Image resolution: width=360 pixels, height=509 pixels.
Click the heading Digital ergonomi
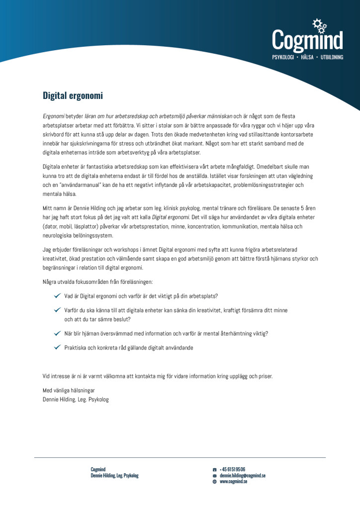click(x=73, y=95)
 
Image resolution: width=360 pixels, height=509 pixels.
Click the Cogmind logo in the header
click(x=307, y=40)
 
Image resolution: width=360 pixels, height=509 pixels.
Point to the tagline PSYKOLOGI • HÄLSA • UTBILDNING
click(x=307, y=58)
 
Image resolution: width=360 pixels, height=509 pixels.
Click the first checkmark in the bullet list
click(x=57, y=296)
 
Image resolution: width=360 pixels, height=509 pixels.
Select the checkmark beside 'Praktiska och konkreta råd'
click(x=57, y=347)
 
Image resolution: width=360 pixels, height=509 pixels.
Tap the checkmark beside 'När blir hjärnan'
click(x=57, y=334)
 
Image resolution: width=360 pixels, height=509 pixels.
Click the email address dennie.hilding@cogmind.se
click(x=242, y=476)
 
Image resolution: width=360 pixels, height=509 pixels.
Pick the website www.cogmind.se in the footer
click(x=233, y=482)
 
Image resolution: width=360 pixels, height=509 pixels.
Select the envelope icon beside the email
click(x=214, y=476)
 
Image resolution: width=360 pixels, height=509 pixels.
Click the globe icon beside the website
click(x=214, y=482)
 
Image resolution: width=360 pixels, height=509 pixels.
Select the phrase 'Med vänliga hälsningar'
click(x=69, y=390)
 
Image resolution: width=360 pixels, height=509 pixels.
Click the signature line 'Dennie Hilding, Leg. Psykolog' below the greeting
click(x=76, y=399)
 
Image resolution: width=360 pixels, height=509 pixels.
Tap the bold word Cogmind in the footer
click(x=98, y=469)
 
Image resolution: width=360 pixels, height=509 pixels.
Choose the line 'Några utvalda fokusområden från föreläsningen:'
click(x=97, y=282)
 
